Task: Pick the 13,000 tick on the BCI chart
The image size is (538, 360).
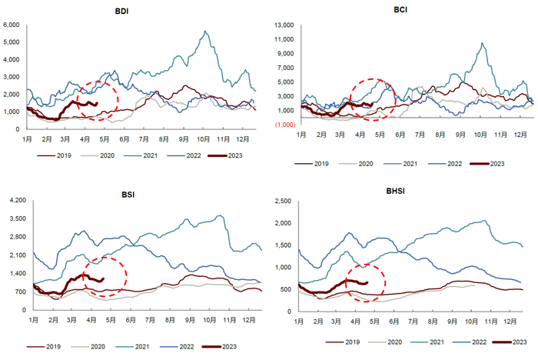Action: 284,26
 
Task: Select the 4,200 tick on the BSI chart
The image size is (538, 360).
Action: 15,201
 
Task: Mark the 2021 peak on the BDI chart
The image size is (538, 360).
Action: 204,32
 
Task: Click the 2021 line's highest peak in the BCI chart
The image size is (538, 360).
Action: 482,43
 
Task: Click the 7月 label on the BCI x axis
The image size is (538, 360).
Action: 420,134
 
